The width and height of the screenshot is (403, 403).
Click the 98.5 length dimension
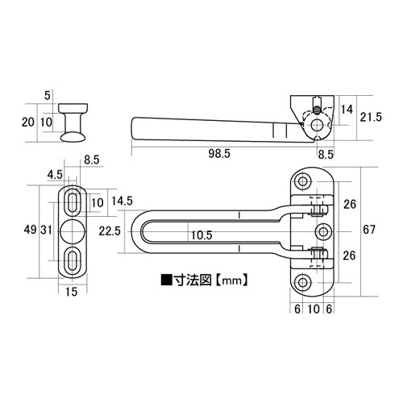point(219,154)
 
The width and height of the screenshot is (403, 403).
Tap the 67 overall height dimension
point(369,230)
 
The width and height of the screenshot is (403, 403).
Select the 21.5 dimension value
point(371,117)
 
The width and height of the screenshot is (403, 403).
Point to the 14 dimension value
point(347,110)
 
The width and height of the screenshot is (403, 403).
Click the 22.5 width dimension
point(110,231)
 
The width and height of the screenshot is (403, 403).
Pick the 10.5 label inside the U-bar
point(201,235)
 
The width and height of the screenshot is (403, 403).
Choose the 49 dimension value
point(30,230)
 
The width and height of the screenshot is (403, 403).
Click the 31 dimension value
point(46,230)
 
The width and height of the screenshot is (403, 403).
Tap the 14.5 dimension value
point(123,201)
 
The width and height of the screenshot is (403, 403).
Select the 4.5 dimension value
point(55,175)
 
